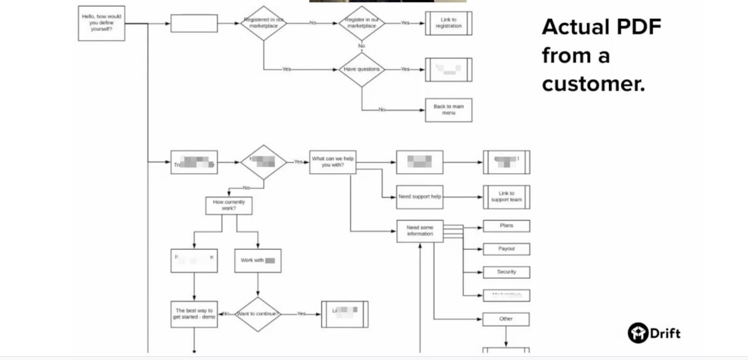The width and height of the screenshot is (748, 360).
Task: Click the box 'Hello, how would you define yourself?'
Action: (101, 23)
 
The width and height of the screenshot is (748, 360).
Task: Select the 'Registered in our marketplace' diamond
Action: (263, 23)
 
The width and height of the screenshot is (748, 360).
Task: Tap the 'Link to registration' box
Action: (448, 23)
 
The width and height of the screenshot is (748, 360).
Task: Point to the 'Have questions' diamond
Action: (361, 69)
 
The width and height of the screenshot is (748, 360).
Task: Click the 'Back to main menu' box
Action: (448, 110)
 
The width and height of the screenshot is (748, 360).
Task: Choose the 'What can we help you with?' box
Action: (332, 162)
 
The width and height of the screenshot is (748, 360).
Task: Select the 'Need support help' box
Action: (419, 197)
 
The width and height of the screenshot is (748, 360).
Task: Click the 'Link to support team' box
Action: (506, 197)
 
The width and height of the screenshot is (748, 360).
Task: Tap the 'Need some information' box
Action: (419, 231)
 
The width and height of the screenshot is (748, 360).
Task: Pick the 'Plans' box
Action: (506, 226)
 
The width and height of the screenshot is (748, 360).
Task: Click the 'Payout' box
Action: (506, 249)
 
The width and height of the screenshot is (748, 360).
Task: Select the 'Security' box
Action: (506, 272)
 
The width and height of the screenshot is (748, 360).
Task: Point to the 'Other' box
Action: (506, 319)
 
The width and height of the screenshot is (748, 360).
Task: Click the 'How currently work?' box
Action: (229, 205)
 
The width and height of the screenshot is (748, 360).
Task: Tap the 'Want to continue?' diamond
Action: (258, 314)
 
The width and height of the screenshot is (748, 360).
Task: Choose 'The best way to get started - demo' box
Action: (194, 314)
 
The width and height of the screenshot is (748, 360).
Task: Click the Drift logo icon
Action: (638, 333)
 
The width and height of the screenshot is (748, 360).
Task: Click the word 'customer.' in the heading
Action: (593, 84)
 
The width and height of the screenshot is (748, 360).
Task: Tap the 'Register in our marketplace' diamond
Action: (361, 23)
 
